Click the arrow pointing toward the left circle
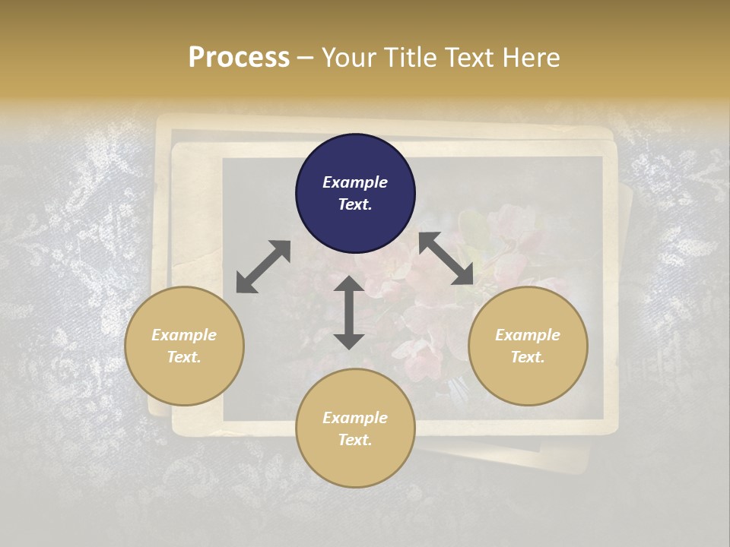263,267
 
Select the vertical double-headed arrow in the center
349,312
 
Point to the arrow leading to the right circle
446,258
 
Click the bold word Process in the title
239,57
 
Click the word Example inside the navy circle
355,182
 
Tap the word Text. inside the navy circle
355,204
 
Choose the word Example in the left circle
184,335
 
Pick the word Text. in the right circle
528,357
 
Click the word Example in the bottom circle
355,418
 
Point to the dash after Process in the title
305,58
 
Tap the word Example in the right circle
528,335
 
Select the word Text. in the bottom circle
355,440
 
